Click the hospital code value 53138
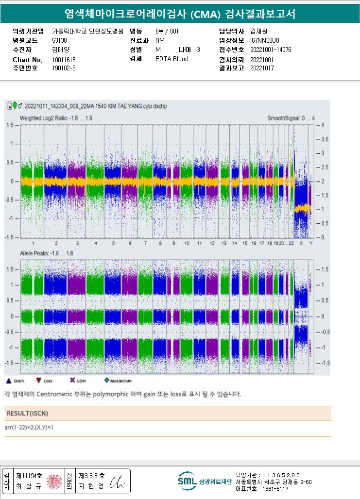tap(59, 40)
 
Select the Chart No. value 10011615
tap(64, 59)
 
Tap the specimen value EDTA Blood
tap(171, 59)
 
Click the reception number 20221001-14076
tap(271, 50)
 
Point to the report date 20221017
tap(262, 68)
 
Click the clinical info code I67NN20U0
tap(265, 40)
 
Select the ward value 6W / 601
tap(167, 31)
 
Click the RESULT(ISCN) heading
tap(27, 413)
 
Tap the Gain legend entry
tap(17, 381)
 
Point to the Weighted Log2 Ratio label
tap(55, 118)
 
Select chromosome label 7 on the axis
tap(145, 243)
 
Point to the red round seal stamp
tap(54, 481)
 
